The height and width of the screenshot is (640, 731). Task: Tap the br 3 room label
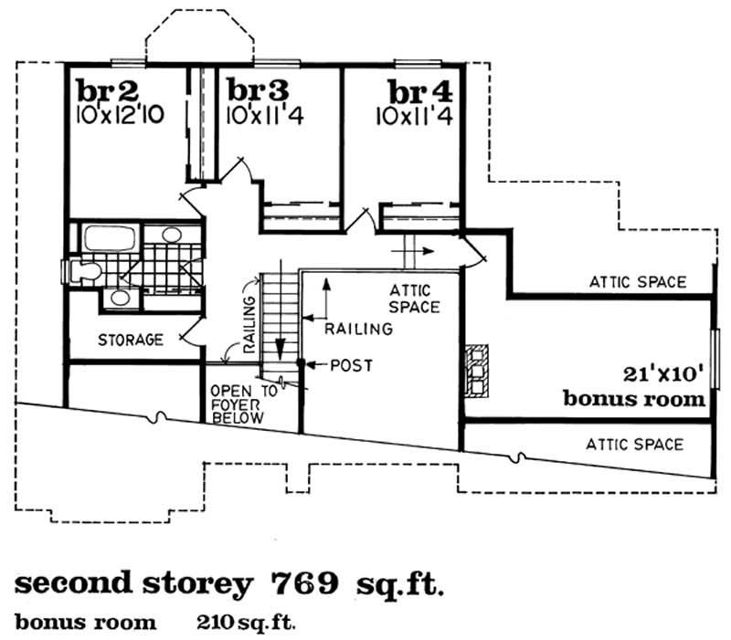258,91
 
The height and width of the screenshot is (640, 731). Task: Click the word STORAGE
130,341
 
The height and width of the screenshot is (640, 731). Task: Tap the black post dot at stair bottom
300,365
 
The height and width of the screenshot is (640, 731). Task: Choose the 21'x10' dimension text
663,373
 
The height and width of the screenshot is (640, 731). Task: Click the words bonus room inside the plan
634,399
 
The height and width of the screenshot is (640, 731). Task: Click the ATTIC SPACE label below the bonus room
634,445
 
